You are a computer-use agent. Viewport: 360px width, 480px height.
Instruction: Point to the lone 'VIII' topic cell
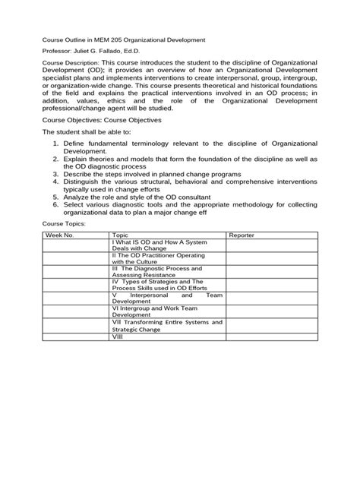pyautogui.click(x=118, y=358)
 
